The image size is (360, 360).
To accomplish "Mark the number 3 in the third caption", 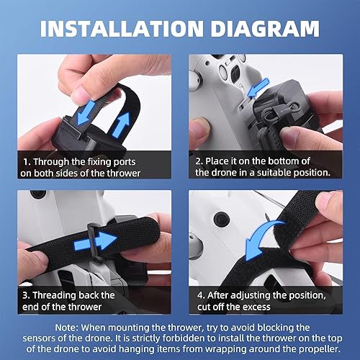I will click(26, 295).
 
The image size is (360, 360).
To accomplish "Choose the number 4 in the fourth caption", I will click(199, 295).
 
